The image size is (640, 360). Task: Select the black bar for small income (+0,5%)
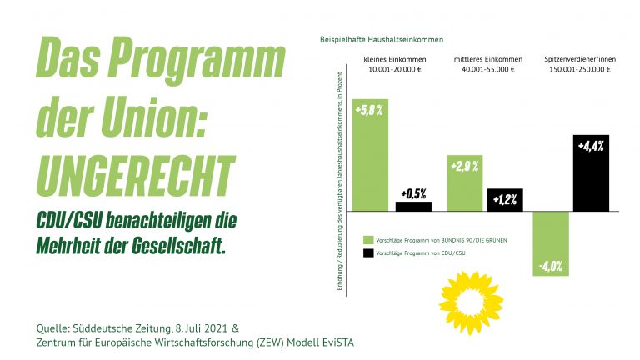point(413,206)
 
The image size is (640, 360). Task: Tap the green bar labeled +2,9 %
point(464,182)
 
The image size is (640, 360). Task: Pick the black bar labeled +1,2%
point(504,200)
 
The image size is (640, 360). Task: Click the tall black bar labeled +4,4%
point(591,172)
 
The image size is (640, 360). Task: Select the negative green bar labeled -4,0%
point(550,242)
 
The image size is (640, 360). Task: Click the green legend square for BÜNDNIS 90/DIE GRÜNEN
point(367,239)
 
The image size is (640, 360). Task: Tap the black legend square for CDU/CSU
point(367,252)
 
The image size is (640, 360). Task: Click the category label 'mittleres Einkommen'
point(488,59)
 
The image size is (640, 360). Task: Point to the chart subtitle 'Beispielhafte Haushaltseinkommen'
point(382,39)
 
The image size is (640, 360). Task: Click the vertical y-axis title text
point(341,183)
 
